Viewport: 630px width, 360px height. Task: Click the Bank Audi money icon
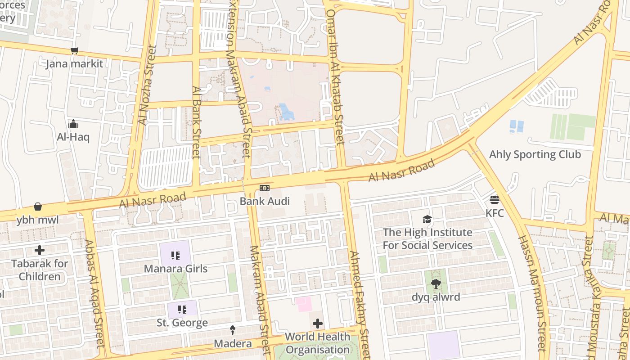pos(265,188)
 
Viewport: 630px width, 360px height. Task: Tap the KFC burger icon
pos(495,199)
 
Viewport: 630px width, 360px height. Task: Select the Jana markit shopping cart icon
pos(74,51)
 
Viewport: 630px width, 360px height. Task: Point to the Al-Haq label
pos(73,137)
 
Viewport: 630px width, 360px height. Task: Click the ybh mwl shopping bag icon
pos(38,207)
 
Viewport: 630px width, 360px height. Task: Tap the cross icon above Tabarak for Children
pos(40,250)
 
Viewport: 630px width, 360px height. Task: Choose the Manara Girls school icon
pos(175,256)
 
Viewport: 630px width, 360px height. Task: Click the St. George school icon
pos(182,309)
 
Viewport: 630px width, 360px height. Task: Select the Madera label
pos(233,343)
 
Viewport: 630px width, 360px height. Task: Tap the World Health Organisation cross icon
pos(318,323)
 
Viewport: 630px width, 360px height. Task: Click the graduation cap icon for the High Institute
pos(427,219)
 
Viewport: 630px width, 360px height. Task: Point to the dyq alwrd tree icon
pos(436,283)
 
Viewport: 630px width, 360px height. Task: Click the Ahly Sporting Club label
pos(535,154)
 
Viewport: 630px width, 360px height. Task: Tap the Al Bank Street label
pos(196,122)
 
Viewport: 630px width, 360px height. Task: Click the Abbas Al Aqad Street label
pos(95,292)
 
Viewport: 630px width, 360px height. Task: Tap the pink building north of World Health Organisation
pos(303,304)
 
